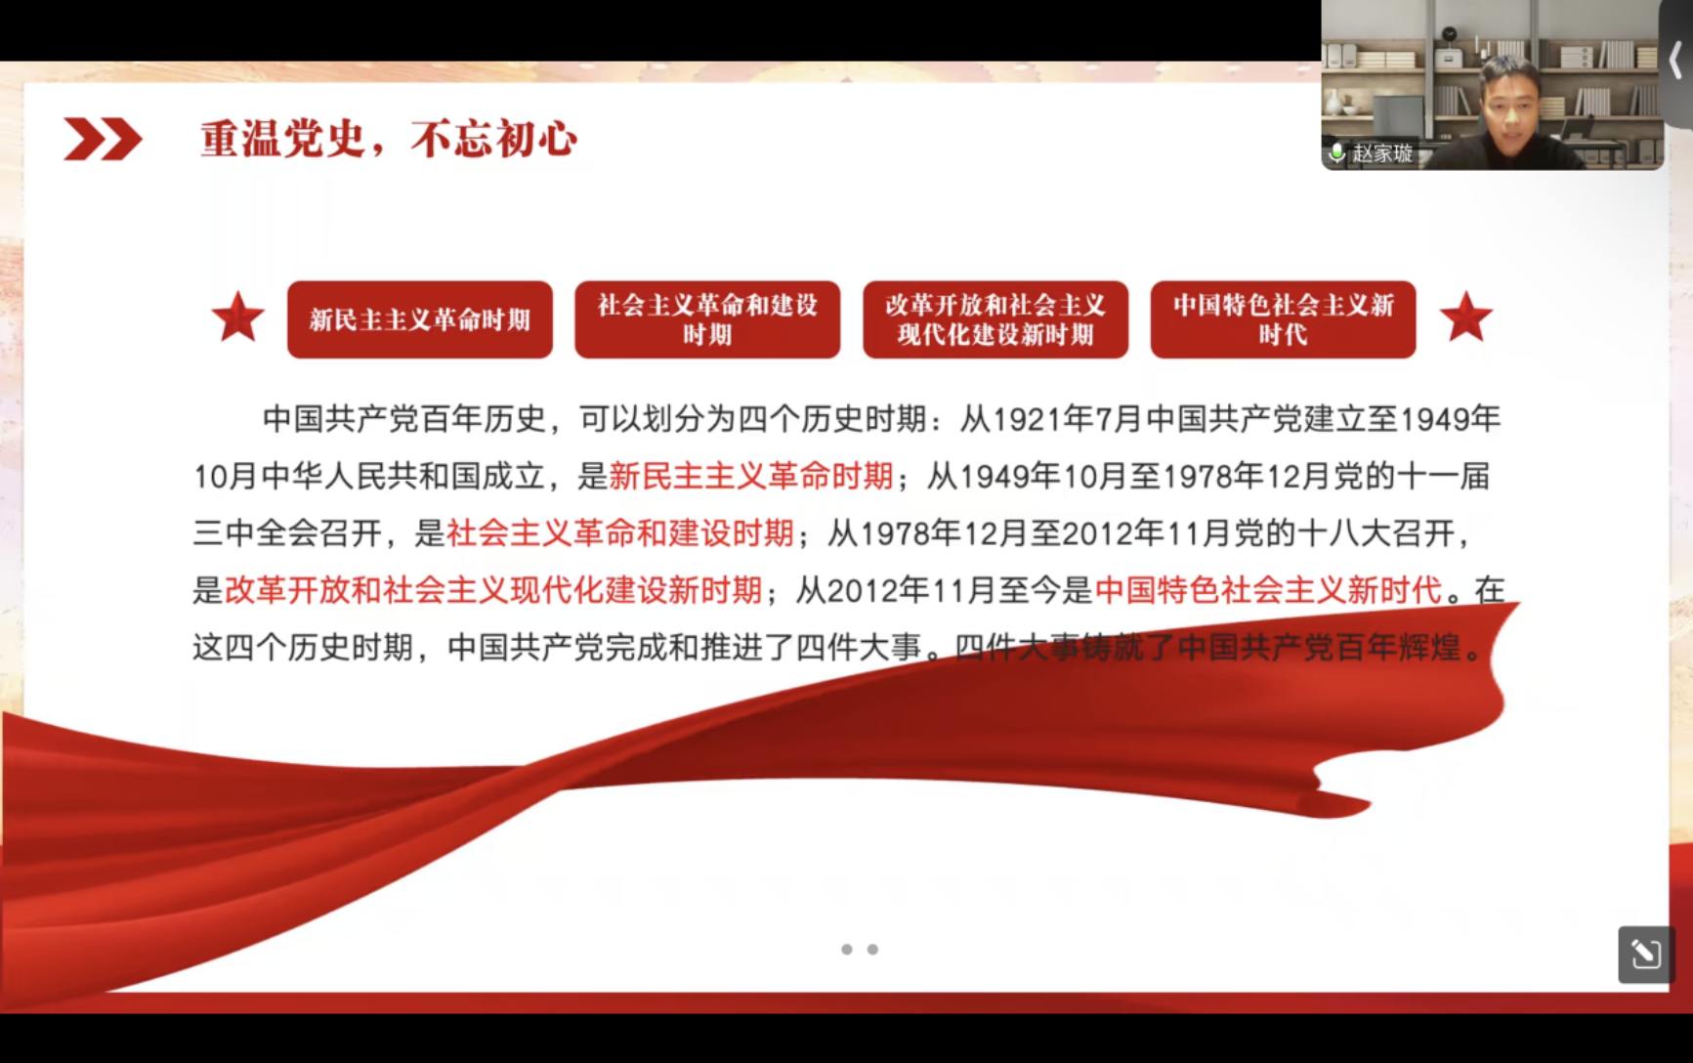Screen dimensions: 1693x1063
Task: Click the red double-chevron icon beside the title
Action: (103, 139)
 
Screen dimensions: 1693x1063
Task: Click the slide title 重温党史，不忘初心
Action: (389, 139)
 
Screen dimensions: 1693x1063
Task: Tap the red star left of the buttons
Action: (237, 318)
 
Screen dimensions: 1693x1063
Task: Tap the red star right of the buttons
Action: (1465, 318)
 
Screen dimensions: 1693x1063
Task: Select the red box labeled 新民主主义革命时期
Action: (420, 319)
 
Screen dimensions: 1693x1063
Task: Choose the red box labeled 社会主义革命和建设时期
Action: (707, 319)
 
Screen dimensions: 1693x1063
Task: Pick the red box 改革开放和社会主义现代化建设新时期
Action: (995, 319)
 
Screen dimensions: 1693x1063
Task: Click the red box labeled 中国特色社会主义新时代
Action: (1283, 319)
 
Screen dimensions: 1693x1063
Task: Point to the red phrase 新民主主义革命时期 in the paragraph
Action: (751, 476)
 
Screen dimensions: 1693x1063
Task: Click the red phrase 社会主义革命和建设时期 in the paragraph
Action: (620, 533)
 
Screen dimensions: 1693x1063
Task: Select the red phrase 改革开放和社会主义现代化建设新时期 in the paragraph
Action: (493, 590)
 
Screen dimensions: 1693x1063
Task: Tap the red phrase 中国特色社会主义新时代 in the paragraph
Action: (1269, 590)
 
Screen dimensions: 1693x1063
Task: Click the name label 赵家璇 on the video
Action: (1382, 153)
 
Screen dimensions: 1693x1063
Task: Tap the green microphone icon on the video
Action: (1336, 153)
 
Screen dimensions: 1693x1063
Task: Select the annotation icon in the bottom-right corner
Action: (1645, 954)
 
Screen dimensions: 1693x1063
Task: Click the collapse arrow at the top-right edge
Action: (1675, 62)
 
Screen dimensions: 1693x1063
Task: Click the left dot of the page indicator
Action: (847, 950)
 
